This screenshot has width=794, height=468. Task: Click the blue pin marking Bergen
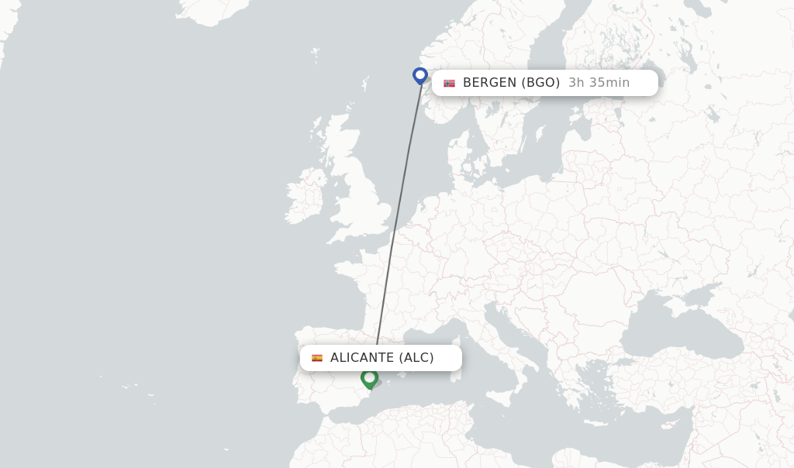coord(420,75)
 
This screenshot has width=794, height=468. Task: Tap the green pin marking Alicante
coord(369,378)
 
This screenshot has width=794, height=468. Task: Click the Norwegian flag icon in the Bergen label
coord(449,83)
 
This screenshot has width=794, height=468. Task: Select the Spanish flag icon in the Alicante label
coord(317,358)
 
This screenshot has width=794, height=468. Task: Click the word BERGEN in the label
coord(489,83)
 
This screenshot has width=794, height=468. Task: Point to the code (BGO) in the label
coord(540,83)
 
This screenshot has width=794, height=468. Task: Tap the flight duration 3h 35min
coord(599,83)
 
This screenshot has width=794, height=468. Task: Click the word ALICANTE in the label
coord(362,358)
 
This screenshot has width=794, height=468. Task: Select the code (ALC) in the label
coord(416,358)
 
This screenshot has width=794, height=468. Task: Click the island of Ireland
coord(305,198)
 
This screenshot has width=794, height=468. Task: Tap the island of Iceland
coord(213,9)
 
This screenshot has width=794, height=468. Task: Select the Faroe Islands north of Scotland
coord(315,53)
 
